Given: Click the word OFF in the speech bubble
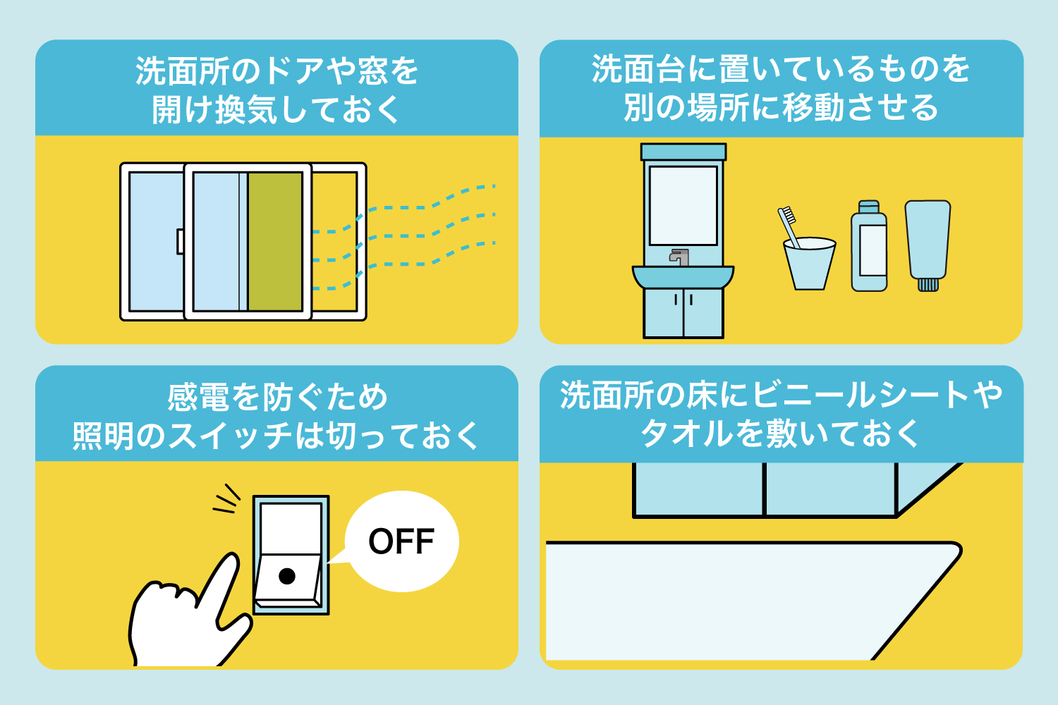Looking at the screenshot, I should (x=401, y=541).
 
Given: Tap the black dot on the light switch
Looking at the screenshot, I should (x=287, y=576).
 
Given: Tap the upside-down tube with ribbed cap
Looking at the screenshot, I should (x=928, y=243).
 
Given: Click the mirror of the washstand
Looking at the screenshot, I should (x=683, y=205).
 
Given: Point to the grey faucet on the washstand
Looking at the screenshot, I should (x=679, y=257).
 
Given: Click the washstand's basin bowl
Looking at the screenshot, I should (x=683, y=277).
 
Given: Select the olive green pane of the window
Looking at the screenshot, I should (x=275, y=241).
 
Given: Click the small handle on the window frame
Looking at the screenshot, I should (x=180, y=241).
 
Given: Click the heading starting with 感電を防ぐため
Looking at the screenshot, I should (x=277, y=398).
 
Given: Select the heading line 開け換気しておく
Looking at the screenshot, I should (x=276, y=110).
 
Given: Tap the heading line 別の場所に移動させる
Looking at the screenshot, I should (x=781, y=108).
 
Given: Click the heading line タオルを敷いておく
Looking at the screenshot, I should (x=781, y=434).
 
